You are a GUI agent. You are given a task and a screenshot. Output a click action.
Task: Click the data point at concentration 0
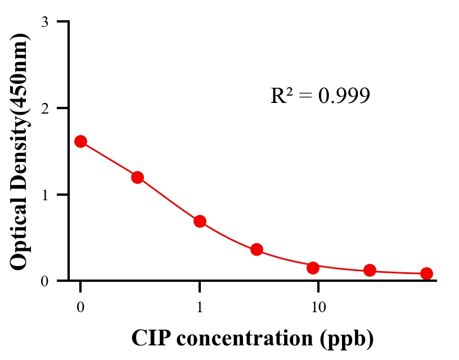[x=80, y=141]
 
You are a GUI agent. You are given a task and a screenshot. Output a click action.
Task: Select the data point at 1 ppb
[x=200, y=221]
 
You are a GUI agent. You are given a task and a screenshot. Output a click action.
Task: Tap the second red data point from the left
[x=137, y=177]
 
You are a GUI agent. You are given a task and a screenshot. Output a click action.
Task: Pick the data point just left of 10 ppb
[x=313, y=268]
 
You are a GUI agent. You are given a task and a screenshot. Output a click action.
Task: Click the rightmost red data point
[x=426, y=273]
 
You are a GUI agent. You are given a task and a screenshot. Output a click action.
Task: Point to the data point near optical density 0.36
[x=256, y=249]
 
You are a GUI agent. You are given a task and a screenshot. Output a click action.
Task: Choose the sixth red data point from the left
[x=370, y=271]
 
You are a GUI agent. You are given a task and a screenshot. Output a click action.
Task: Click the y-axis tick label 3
[x=44, y=22]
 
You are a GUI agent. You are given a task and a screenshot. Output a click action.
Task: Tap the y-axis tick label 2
[x=44, y=108]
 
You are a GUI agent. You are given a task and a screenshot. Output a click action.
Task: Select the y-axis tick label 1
[x=44, y=195]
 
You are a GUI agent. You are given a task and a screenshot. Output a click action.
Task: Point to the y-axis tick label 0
[x=44, y=281]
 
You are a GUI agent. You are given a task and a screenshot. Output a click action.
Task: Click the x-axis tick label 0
[x=80, y=307]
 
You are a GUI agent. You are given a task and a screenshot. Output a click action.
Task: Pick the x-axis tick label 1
[x=200, y=307]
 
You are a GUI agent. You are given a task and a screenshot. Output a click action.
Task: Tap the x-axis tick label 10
[x=318, y=307]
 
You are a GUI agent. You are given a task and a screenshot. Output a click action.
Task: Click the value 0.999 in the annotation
[x=344, y=96]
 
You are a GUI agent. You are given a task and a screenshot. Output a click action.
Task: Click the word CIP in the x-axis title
[x=150, y=338]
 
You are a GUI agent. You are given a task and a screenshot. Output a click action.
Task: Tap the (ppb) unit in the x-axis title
[x=345, y=339]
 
